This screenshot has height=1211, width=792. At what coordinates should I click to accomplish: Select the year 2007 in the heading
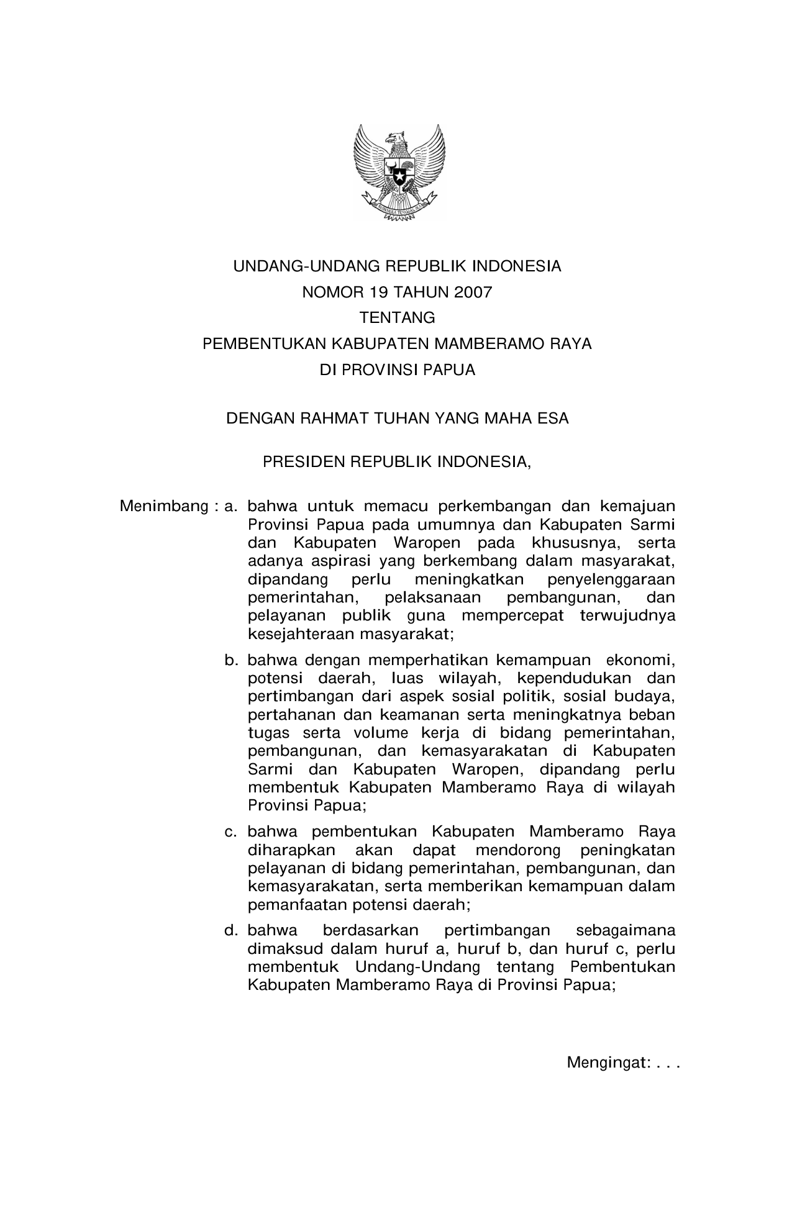pyautogui.click(x=472, y=292)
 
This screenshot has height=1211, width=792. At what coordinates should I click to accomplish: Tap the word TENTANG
pyautogui.click(x=398, y=318)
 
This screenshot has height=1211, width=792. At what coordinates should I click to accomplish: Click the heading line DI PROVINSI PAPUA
pyautogui.click(x=398, y=370)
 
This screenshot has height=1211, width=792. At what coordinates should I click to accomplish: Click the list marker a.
pyautogui.click(x=231, y=506)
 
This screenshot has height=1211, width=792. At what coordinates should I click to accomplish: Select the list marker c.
pyautogui.click(x=231, y=832)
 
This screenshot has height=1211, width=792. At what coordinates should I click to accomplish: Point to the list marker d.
pyautogui.click(x=231, y=930)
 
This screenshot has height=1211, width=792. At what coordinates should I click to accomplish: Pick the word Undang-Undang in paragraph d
pyautogui.click(x=417, y=967)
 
